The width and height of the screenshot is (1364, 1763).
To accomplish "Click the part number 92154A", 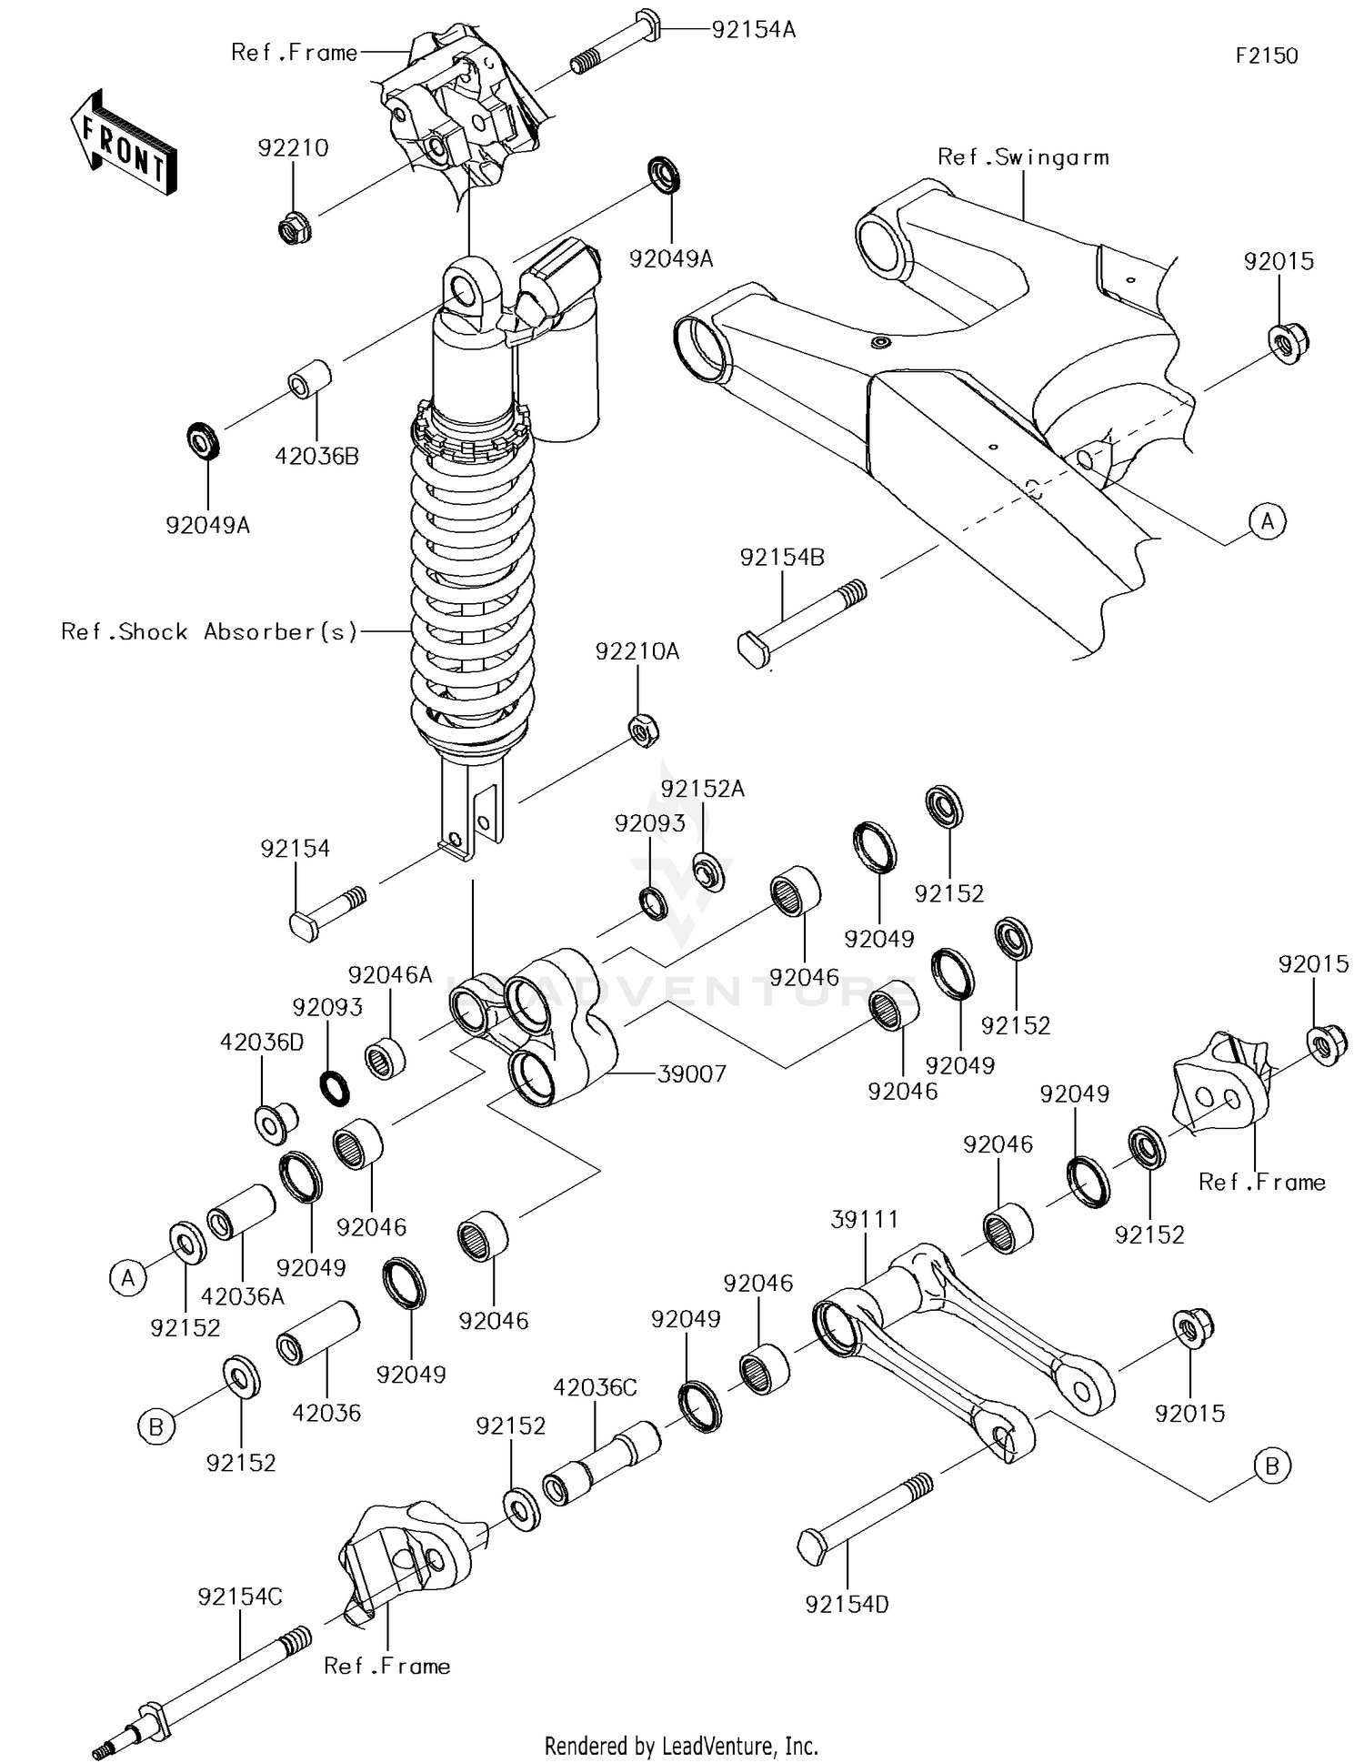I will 753,30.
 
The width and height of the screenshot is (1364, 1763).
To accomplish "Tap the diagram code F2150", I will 1267,55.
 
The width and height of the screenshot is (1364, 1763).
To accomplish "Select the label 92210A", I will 637,652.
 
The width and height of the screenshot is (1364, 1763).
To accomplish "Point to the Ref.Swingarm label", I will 1023,157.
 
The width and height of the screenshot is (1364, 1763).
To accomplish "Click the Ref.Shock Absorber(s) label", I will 209,631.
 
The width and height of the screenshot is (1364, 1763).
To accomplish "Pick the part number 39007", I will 692,1074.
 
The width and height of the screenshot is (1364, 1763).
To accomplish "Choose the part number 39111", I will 865,1219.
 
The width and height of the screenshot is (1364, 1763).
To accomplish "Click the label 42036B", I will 316,456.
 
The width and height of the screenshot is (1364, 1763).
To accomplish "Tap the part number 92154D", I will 847,1605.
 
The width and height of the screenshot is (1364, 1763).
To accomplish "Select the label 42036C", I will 596,1387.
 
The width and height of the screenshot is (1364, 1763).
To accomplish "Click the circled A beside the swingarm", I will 1268,521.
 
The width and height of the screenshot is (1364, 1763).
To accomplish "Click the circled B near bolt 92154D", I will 1271,1466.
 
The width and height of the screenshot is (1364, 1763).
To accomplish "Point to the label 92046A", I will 390,975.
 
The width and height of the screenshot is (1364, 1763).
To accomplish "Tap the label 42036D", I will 262,1043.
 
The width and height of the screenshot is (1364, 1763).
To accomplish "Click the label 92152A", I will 702,789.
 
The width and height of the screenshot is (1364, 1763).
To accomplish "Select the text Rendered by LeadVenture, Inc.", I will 681,1746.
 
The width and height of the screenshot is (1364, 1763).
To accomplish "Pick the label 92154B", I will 782,558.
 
